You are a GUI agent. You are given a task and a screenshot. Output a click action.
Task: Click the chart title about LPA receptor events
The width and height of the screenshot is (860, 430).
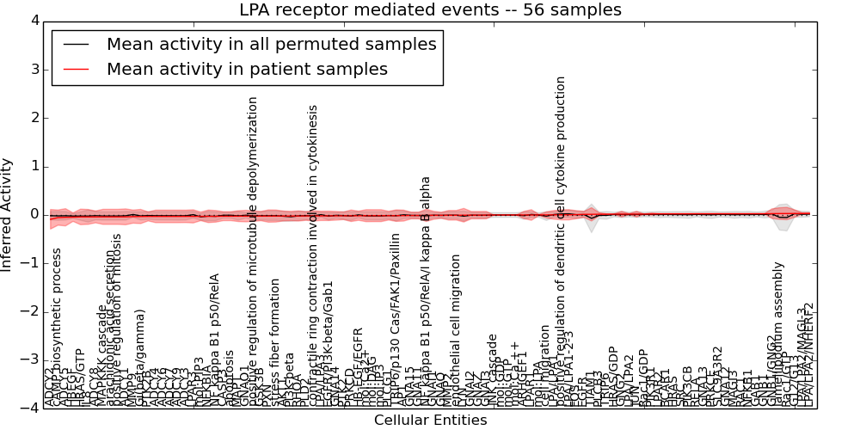coord(430,10)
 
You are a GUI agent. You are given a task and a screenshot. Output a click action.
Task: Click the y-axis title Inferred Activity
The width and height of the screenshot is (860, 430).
coord(7,214)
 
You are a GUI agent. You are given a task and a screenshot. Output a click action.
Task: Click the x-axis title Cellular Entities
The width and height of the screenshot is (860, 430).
coord(430,420)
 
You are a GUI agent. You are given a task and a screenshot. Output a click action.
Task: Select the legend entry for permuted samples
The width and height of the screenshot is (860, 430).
coord(271,44)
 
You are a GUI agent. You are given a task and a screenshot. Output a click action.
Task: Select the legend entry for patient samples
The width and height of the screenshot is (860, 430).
coord(247,69)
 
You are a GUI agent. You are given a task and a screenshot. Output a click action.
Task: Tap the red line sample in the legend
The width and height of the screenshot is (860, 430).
coord(76,70)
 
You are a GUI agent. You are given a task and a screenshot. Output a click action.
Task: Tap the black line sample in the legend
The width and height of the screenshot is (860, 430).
coord(76,45)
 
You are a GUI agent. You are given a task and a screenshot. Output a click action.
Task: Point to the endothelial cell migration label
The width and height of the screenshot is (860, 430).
coord(456,327)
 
